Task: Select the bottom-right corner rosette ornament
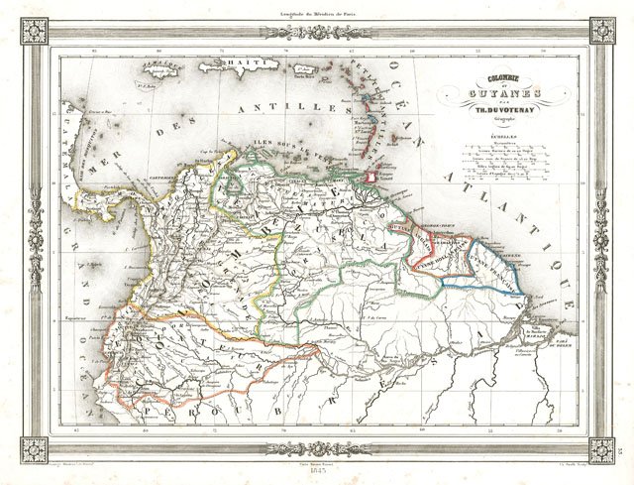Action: [601, 448]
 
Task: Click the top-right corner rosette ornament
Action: [601, 31]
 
